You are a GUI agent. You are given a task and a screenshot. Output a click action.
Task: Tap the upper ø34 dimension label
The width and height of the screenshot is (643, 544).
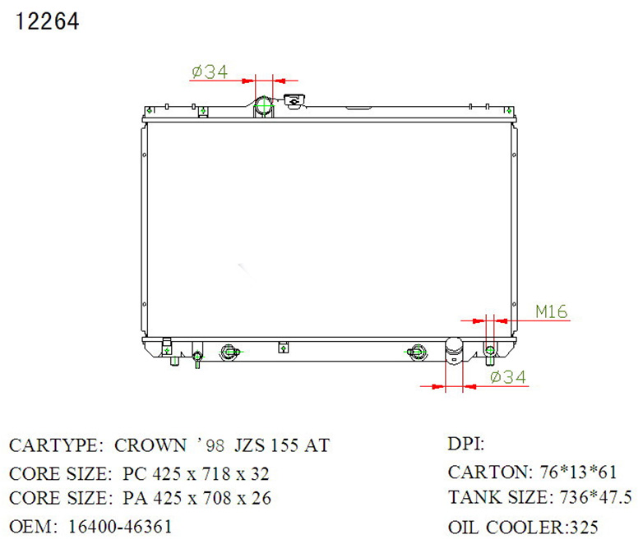point(209,72)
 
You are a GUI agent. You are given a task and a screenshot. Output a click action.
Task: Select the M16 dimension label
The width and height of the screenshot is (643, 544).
point(551,311)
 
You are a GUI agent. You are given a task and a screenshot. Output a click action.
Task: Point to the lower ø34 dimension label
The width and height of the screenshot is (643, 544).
point(507,377)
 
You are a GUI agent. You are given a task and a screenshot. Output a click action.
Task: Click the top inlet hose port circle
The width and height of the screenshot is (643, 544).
point(264,107)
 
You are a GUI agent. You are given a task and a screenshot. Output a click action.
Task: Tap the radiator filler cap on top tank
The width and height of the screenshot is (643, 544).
point(294,102)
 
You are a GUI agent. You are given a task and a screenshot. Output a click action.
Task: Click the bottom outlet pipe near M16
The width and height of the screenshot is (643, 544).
point(454,351)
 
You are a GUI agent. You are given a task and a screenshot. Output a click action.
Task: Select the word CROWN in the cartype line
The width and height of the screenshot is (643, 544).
point(150,446)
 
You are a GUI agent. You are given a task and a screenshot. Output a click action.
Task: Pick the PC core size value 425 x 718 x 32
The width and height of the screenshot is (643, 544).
point(196,474)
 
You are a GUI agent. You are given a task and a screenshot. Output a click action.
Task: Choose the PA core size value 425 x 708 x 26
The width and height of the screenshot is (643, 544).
point(197,499)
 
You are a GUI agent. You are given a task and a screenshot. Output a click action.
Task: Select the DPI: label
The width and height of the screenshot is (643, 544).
point(466,445)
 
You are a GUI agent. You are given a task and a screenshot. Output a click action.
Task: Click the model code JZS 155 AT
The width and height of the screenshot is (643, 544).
point(283,446)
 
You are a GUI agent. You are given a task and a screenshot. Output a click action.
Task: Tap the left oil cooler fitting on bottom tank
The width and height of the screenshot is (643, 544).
point(229,353)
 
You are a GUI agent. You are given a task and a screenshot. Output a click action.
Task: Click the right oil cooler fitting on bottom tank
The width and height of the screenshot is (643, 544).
point(417,353)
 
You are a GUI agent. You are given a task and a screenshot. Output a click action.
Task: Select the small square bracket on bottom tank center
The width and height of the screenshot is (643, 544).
point(284,347)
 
